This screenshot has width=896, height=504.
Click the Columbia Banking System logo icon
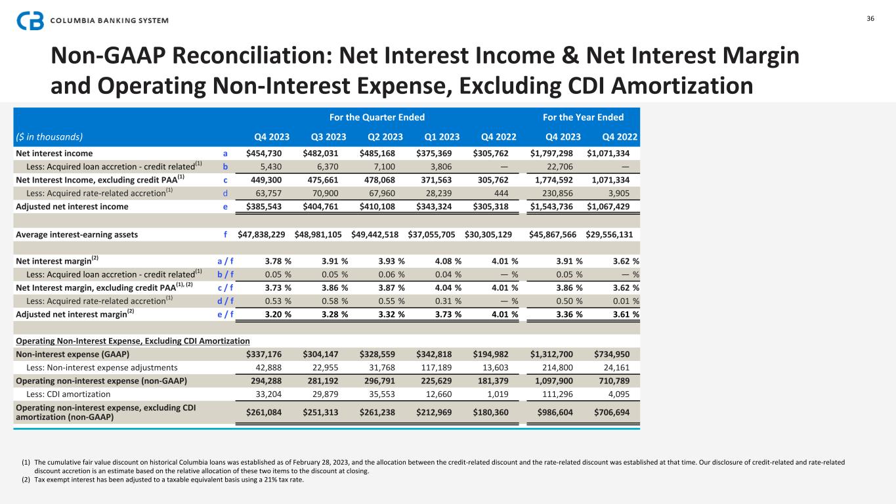(30, 20)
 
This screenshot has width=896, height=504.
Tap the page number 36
(870, 18)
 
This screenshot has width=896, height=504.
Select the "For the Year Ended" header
(583, 117)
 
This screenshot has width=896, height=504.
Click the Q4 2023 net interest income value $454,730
(268, 153)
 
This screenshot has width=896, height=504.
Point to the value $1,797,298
(552, 153)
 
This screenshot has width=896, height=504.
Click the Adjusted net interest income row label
(72, 206)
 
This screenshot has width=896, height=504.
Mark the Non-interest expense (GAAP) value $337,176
(268, 354)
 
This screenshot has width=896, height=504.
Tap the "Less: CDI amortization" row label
(68, 394)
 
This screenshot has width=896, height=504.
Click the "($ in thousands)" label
(50, 137)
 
